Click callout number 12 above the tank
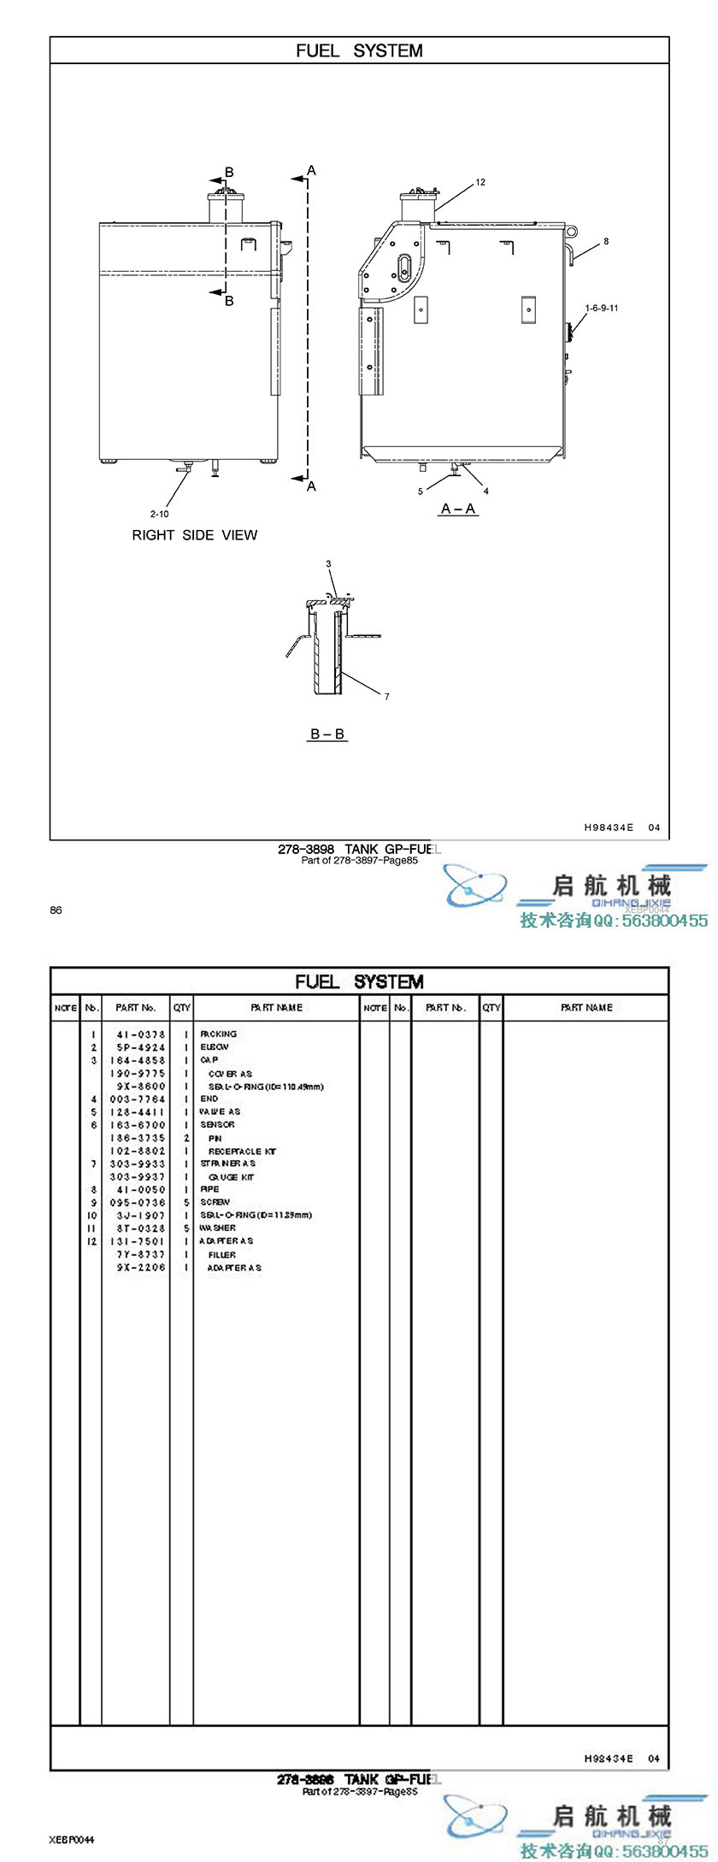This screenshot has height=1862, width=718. pos(480,182)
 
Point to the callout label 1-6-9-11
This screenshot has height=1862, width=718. pos(602,308)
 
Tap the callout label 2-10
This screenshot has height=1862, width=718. pos(160,514)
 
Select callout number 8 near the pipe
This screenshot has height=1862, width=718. pos(606,242)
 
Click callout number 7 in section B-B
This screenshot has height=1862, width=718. pos(387,697)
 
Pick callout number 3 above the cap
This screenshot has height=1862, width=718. pos(328,564)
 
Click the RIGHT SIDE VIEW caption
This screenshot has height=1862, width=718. pos(194,535)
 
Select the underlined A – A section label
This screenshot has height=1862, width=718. pos(458,509)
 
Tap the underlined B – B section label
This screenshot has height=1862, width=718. pos(327,734)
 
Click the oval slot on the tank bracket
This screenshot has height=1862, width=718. pos(404,265)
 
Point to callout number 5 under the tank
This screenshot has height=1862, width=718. pos(421,492)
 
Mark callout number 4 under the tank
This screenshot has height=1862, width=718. pos(486,492)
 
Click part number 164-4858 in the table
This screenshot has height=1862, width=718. pos(141,1060)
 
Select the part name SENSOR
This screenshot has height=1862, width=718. pos(218,1125)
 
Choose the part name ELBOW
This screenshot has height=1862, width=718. pos(215,1047)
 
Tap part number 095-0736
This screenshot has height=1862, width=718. pos(141,1203)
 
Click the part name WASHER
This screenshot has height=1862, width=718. pos(218,1229)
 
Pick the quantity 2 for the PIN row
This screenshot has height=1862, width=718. pos(185,1138)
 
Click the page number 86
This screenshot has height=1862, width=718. pos(56,910)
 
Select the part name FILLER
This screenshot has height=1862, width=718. pos(222,1255)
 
